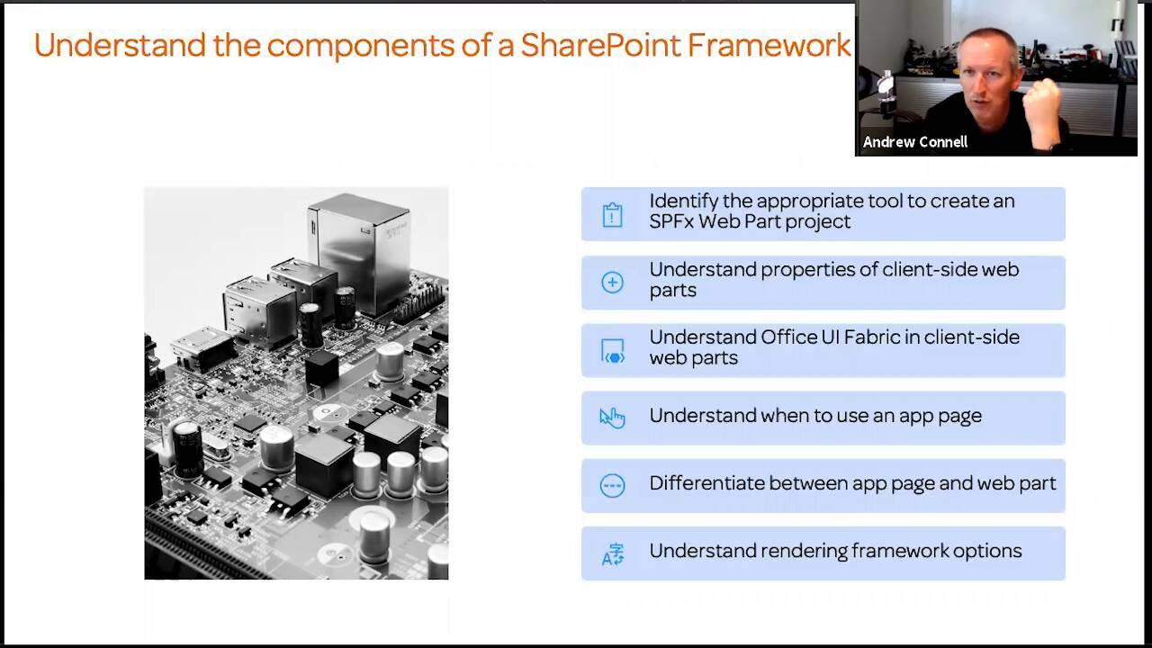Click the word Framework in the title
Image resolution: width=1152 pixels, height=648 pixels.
[769, 45]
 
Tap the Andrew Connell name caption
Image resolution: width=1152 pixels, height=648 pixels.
[914, 142]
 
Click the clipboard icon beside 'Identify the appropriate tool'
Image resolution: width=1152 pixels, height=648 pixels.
[612, 215]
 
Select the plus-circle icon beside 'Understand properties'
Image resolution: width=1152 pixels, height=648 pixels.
[612, 283]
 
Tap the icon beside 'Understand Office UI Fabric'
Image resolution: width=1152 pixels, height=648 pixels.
[612, 351]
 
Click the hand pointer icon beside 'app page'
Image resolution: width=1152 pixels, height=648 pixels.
[612, 418]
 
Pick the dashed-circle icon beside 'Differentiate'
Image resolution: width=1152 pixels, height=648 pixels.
[612, 486]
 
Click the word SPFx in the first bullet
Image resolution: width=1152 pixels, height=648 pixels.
[672, 221]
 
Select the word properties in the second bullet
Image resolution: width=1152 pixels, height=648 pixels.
[810, 269]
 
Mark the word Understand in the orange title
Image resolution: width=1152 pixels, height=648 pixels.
[120, 45]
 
